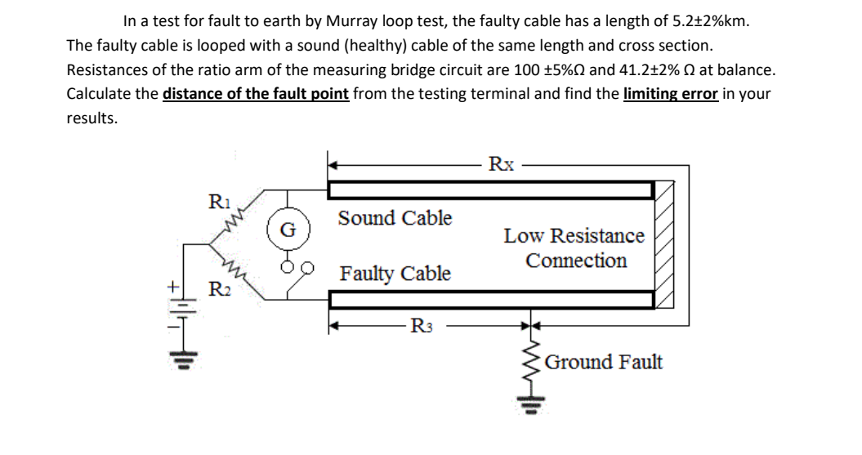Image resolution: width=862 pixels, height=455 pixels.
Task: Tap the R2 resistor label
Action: [x=218, y=288]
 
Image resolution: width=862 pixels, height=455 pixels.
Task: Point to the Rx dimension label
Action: [x=501, y=163]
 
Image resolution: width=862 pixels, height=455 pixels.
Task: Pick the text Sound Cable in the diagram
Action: [x=395, y=218]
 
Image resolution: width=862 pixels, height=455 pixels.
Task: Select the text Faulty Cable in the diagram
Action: [x=395, y=273]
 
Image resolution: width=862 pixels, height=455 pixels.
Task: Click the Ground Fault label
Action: [x=603, y=361]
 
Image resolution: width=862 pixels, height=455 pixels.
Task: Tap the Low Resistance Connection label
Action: [x=575, y=248]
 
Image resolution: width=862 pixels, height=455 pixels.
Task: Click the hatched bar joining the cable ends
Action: [x=665, y=245]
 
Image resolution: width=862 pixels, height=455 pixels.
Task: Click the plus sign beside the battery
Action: [x=173, y=288]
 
